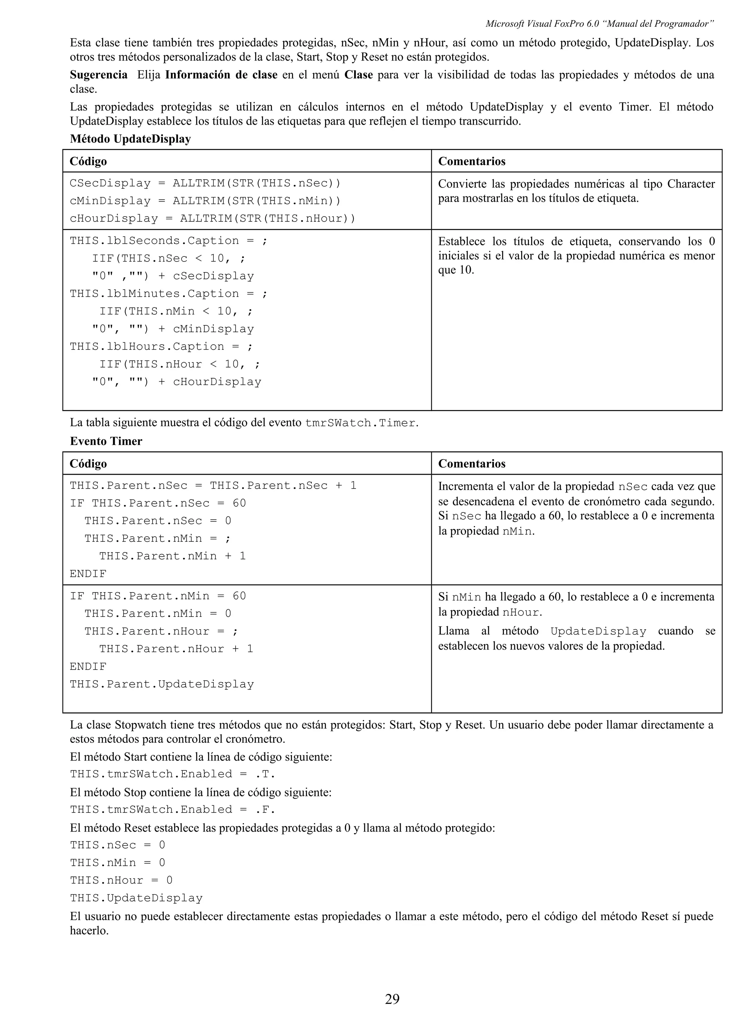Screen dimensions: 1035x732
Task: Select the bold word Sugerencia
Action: (98, 75)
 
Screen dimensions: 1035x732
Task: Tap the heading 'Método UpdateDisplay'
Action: (130, 139)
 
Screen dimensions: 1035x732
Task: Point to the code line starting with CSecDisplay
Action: (205, 183)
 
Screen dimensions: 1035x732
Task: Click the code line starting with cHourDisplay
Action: (212, 218)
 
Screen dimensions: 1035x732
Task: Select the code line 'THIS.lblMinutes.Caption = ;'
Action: (169, 294)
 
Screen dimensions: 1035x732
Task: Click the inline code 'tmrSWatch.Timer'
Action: (360, 423)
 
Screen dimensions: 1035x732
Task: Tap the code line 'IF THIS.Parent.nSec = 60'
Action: (158, 503)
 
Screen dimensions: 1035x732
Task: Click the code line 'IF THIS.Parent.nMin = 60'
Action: (158, 596)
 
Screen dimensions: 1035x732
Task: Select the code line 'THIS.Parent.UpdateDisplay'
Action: (162, 684)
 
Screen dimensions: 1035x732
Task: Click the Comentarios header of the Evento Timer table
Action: (471, 464)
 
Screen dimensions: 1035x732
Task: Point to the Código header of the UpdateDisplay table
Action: (88, 161)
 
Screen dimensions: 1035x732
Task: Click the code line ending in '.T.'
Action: (172, 774)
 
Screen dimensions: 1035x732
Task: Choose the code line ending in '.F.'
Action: (172, 809)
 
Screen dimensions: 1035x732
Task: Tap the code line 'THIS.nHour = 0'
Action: (121, 880)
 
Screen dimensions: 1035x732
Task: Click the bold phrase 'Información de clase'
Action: (221, 75)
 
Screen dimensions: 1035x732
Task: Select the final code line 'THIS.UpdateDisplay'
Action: (136, 897)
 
